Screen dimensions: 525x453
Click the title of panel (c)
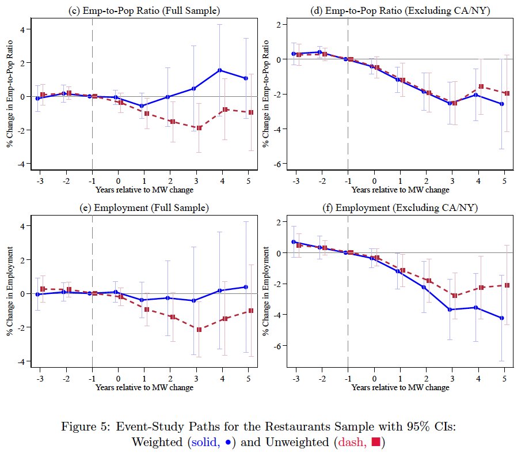tap(144, 10)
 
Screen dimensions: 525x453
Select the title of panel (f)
tap(400, 207)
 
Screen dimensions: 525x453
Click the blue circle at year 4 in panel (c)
tap(220, 70)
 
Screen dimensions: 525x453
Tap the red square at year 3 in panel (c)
tap(199, 128)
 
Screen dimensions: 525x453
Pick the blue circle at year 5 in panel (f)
tap(501, 318)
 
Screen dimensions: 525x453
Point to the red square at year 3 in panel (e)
tap(199, 330)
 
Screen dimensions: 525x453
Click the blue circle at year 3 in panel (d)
tap(450, 103)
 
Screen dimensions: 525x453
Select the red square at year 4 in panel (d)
tap(481, 86)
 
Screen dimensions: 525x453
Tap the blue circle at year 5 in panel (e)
tap(246, 287)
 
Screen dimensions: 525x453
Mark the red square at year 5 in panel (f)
tap(507, 285)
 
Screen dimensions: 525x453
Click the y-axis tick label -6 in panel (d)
tap(278, 164)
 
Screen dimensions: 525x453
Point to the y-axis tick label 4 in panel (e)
tap(22, 226)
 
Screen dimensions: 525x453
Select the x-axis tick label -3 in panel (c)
tap(40, 181)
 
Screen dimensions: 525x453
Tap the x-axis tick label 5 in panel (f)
tap(505, 379)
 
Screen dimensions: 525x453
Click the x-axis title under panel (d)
tap(400, 190)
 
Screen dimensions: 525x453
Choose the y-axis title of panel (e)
tap(10, 291)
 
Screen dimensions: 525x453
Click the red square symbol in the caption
tap(376, 442)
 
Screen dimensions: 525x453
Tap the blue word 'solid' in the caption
tap(206, 442)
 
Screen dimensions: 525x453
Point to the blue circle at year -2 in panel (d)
tap(319, 52)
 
